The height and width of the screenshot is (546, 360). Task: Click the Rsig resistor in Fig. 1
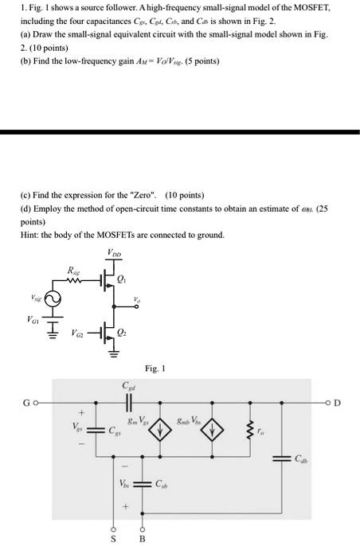click(x=73, y=280)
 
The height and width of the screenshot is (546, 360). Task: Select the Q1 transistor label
click(x=122, y=279)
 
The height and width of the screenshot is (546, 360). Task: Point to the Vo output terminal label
click(x=137, y=299)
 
